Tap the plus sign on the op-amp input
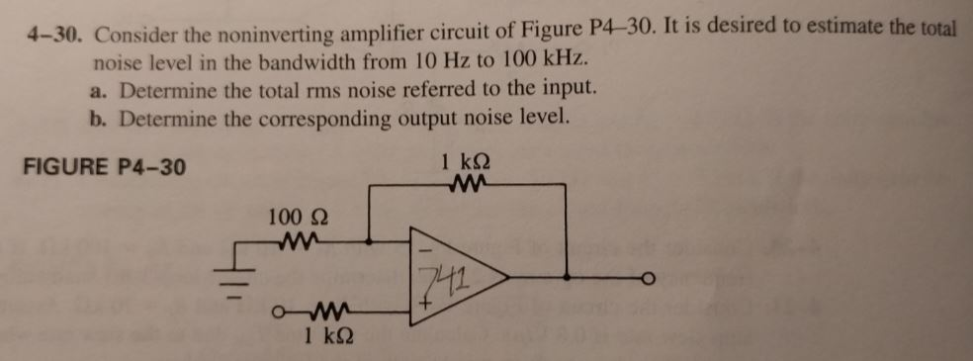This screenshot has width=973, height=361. click(x=427, y=308)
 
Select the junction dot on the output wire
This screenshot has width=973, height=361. click(x=568, y=279)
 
